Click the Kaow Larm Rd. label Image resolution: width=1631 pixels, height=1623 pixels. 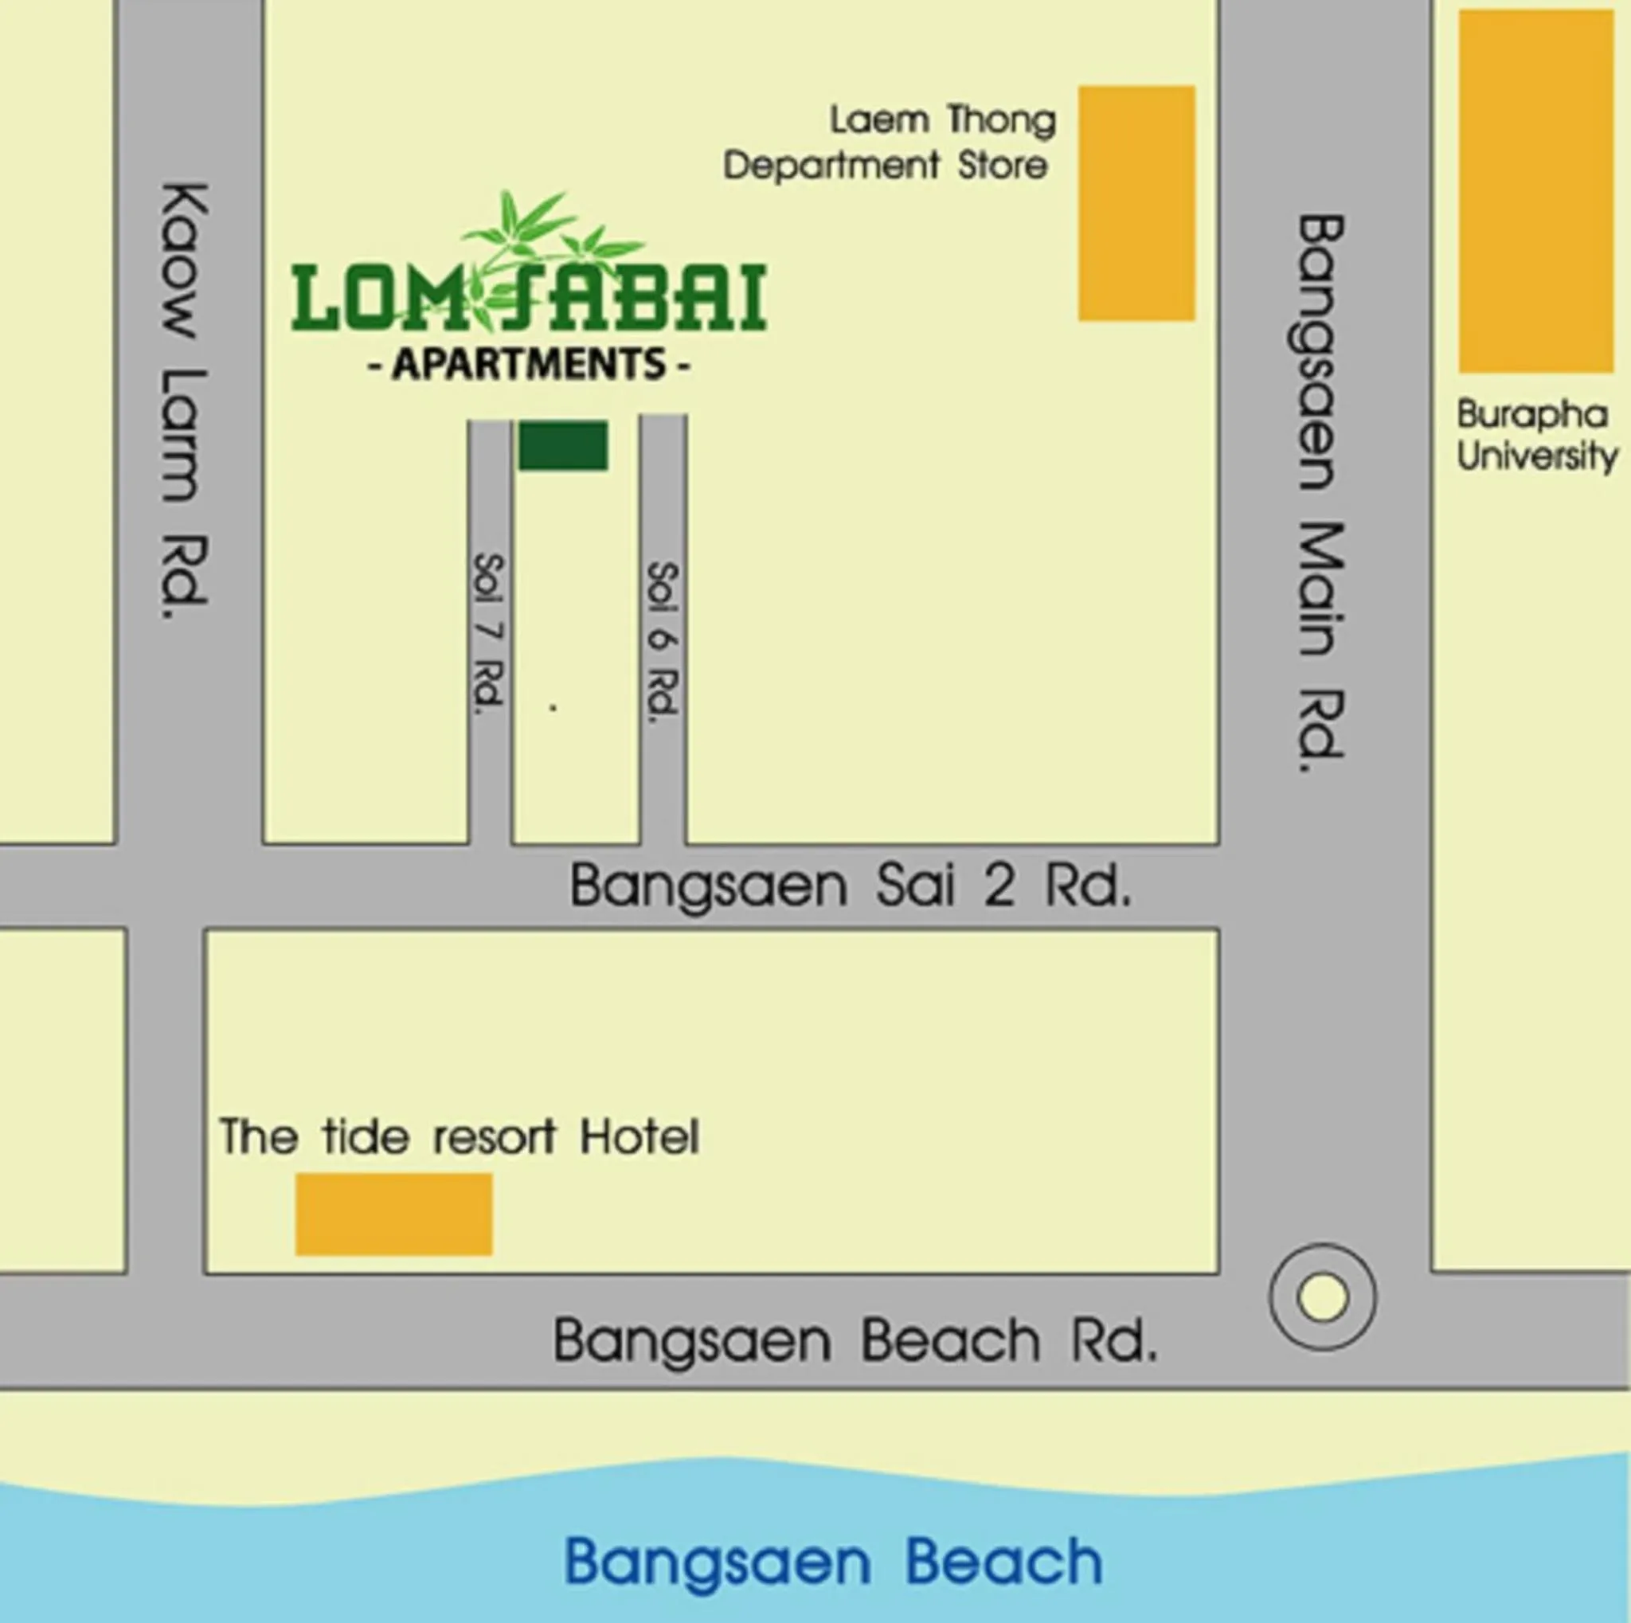tap(184, 400)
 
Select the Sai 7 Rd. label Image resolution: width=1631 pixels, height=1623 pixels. tap(489, 635)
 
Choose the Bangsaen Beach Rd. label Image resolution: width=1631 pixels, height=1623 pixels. tap(855, 1341)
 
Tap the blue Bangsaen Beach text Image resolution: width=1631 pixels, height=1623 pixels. tap(833, 1562)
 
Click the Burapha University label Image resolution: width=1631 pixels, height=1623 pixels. tap(1536, 436)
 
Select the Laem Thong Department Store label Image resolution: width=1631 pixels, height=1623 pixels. tap(889, 143)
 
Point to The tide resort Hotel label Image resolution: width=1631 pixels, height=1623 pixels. tap(460, 1137)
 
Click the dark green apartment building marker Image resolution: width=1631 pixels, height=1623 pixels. tap(562, 446)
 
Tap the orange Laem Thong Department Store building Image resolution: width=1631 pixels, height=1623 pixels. tap(1136, 202)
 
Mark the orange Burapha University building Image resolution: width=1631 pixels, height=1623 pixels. tap(1535, 191)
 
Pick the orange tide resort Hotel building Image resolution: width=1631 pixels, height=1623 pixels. tap(393, 1214)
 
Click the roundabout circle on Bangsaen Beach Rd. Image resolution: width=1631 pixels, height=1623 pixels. tap(1322, 1296)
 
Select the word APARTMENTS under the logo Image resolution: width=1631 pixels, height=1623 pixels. tap(530, 365)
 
